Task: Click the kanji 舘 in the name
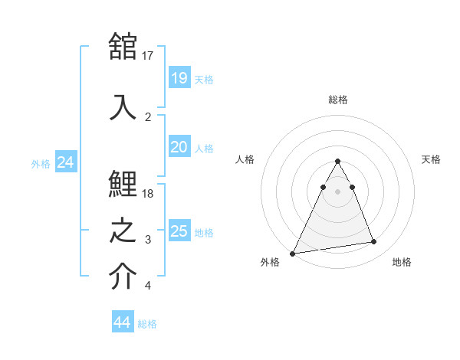click(123, 46)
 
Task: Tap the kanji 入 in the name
click(123, 107)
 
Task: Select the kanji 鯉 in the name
click(123, 184)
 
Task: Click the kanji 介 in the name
click(123, 276)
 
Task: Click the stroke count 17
click(147, 56)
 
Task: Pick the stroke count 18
click(147, 194)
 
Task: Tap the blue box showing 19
click(179, 77)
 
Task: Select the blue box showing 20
click(179, 146)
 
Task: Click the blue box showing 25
click(179, 230)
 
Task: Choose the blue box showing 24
click(66, 162)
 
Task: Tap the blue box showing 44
click(123, 321)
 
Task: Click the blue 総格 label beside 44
click(147, 324)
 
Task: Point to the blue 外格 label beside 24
click(41, 164)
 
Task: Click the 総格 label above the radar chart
click(338, 100)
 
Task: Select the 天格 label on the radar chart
click(431, 159)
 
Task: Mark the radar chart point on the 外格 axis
click(292, 254)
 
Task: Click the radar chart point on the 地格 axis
click(374, 241)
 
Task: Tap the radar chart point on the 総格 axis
click(337, 161)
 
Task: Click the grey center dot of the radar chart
click(337, 191)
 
